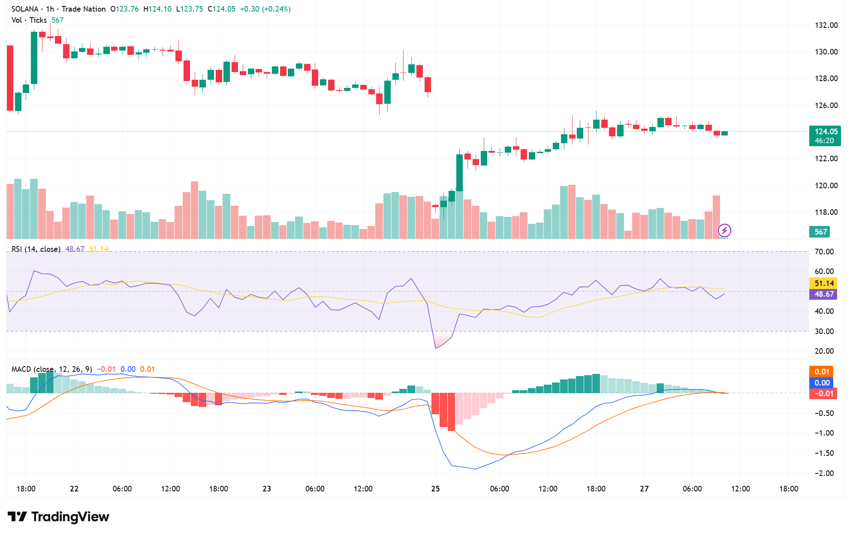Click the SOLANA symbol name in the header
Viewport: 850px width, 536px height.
pyautogui.click(x=25, y=9)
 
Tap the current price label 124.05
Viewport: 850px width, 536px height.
pyautogui.click(x=826, y=132)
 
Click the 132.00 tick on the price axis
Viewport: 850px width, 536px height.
pyautogui.click(x=826, y=25)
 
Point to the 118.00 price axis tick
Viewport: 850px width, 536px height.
pyautogui.click(x=826, y=212)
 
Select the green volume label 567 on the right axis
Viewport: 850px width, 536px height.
pyautogui.click(x=820, y=232)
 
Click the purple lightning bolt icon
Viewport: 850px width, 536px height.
pyautogui.click(x=724, y=231)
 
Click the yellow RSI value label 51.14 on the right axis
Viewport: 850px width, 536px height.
pyautogui.click(x=824, y=283)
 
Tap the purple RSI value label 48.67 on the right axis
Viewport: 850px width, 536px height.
pyautogui.click(x=824, y=294)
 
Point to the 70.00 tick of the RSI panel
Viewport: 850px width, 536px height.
pyautogui.click(x=824, y=252)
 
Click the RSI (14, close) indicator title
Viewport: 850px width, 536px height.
pyautogui.click(x=36, y=249)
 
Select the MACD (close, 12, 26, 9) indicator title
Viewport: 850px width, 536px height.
pyautogui.click(x=51, y=369)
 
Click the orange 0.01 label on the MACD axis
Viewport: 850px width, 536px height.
pyautogui.click(x=822, y=372)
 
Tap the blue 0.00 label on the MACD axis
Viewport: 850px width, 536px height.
pyautogui.click(x=822, y=383)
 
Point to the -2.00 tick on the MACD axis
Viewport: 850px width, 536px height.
pyautogui.click(x=824, y=473)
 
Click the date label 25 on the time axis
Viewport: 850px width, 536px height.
pyautogui.click(x=435, y=489)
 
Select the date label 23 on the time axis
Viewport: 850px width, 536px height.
pyautogui.click(x=267, y=489)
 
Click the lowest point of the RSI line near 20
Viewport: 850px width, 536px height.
pyautogui.click(x=436, y=348)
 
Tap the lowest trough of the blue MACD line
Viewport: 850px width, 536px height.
pyautogui.click(x=475, y=469)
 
